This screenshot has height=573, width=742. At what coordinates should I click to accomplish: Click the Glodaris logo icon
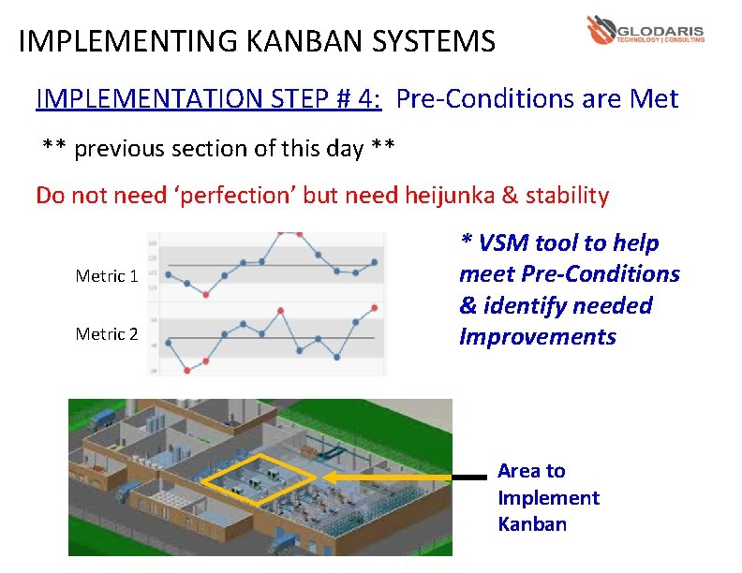point(601,30)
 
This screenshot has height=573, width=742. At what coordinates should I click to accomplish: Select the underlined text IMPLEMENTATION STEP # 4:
point(208,98)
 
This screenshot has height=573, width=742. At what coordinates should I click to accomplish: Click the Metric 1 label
point(107,276)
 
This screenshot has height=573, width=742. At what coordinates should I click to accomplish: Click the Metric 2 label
point(107,334)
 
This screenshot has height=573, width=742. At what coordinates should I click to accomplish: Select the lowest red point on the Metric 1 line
point(205,293)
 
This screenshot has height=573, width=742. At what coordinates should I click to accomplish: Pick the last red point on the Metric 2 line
point(375,307)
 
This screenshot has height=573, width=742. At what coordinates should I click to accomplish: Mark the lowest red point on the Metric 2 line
point(186,371)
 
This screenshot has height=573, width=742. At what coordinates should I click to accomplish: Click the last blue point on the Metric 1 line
point(375,262)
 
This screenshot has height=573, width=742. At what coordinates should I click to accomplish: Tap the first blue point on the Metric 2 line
point(168,344)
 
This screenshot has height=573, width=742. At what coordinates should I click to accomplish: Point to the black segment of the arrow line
point(469,477)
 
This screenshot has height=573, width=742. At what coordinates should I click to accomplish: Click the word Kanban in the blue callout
point(532,524)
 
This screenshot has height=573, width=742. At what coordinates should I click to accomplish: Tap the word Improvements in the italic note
point(537,337)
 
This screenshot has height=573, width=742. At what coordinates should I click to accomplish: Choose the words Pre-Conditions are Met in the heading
point(537,98)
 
